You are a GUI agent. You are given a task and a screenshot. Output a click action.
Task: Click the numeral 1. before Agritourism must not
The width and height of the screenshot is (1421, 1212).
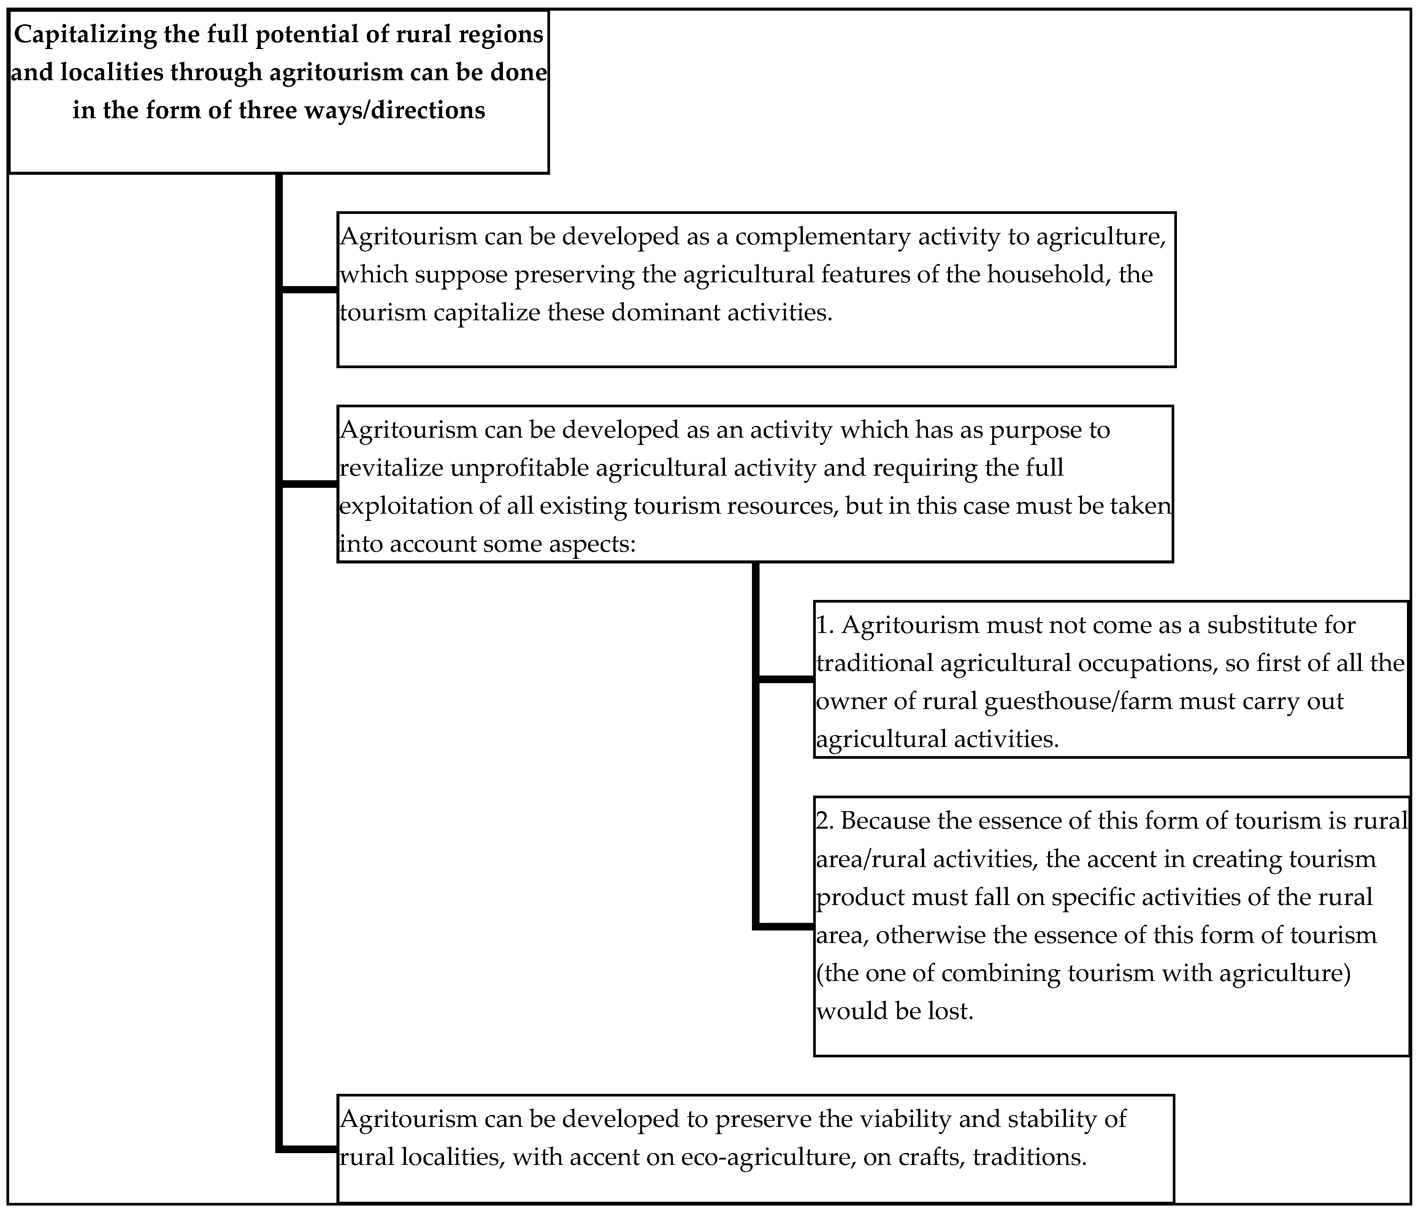(x=824, y=625)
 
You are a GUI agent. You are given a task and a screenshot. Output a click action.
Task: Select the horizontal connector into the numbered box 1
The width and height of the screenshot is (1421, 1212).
(x=786, y=679)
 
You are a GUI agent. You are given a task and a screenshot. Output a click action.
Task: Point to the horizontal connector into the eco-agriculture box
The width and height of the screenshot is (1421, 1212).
(x=309, y=1148)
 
